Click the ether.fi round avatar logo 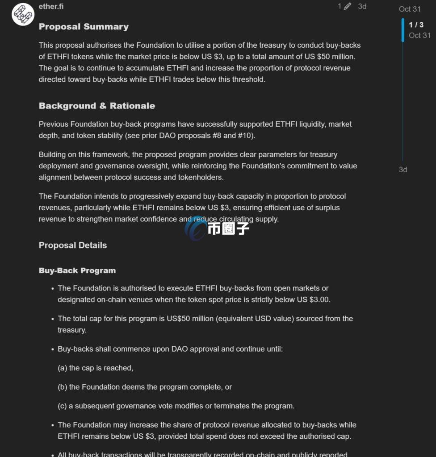[23, 14]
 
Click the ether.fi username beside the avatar [51, 7]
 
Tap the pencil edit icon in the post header [348, 6]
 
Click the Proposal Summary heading [84, 27]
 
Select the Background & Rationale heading [97, 106]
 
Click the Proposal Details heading [73, 245]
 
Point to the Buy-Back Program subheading [77, 270]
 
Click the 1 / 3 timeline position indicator [416, 25]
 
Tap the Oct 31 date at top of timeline [410, 9]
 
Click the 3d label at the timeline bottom [403, 170]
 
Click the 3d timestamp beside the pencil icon [362, 6]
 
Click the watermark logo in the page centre [218, 228]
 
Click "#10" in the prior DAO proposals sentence [244, 136]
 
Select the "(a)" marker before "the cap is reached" [63, 368]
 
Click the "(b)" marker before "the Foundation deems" [63, 387]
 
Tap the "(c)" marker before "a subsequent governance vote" [63, 406]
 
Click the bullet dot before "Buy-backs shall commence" [53, 349]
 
